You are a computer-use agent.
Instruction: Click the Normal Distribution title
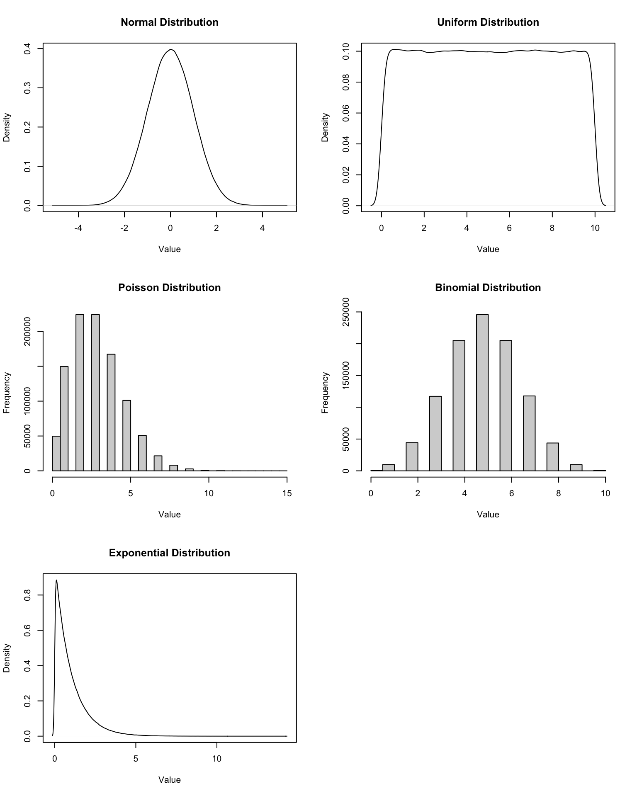[169, 22]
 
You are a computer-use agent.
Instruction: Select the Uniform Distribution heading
[488, 22]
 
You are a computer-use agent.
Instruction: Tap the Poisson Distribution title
[169, 288]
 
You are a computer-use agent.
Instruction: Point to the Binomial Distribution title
[488, 288]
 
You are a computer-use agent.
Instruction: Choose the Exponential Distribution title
[169, 553]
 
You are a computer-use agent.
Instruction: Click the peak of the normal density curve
[170, 50]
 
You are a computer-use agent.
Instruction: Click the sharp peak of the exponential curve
[56, 580]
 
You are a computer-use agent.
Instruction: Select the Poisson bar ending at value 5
[127, 435]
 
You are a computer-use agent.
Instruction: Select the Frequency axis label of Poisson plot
[7, 393]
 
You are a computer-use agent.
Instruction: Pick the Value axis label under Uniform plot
[488, 249]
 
